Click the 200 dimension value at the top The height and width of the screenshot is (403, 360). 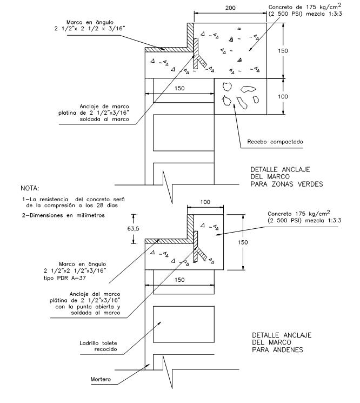coord(230,8)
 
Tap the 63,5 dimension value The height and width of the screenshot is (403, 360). coord(134,228)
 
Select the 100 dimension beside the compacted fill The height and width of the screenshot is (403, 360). coord(283,97)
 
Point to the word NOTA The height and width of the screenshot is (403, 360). coord(30,188)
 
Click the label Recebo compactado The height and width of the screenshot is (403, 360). coord(275,142)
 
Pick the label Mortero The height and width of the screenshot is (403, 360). coord(101,379)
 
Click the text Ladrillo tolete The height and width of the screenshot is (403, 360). coord(98,343)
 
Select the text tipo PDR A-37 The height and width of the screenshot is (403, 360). coord(65,278)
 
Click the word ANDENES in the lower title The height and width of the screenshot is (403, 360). coord(288,350)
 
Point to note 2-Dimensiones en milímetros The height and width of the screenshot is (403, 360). coord(63,215)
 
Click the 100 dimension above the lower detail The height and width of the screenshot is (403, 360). coord(205,202)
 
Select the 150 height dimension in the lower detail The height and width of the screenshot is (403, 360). coord(243,242)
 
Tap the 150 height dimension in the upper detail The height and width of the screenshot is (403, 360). coord(283,51)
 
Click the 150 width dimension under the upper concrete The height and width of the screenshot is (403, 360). coord(179,88)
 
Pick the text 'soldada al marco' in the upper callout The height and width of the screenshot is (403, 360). coord(104,119)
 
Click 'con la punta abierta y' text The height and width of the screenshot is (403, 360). coord(88,307)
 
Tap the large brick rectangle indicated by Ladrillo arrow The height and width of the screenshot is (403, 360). coord(184,325)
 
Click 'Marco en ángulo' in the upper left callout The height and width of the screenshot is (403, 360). coord(90,22)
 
